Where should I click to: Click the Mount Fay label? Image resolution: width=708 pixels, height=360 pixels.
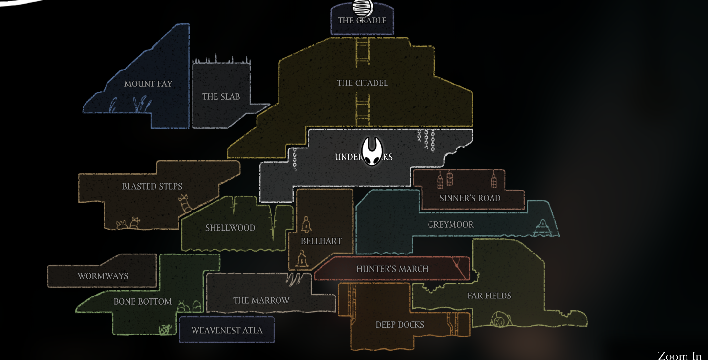148,84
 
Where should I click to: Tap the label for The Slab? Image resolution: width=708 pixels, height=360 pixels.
221,97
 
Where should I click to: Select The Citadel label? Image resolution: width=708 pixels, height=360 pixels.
363,83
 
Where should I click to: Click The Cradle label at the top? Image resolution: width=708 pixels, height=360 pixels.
362,21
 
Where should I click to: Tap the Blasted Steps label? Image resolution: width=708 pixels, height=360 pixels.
152,187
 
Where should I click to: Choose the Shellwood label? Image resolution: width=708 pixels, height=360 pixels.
230,228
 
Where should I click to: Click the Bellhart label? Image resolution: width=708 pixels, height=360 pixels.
321,241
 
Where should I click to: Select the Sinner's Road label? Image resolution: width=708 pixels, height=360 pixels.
470,198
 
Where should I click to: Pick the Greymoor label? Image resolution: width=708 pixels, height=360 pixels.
451,225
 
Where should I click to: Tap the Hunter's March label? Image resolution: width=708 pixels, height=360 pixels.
392,269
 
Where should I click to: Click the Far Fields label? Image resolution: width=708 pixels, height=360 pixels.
489,296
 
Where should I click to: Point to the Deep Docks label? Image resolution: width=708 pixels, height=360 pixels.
400,325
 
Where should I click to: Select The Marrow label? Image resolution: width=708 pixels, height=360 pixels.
261,300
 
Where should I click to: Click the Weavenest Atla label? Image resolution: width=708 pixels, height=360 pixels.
227,330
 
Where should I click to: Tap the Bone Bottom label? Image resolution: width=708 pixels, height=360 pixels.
143,302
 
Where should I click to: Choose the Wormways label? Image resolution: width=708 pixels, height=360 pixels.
103,276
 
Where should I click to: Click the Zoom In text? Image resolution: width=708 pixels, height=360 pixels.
679,355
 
